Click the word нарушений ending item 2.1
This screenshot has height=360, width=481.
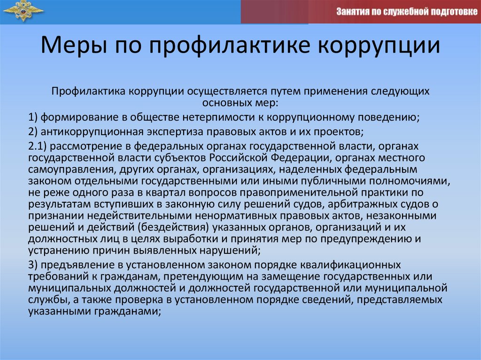(225, 251)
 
